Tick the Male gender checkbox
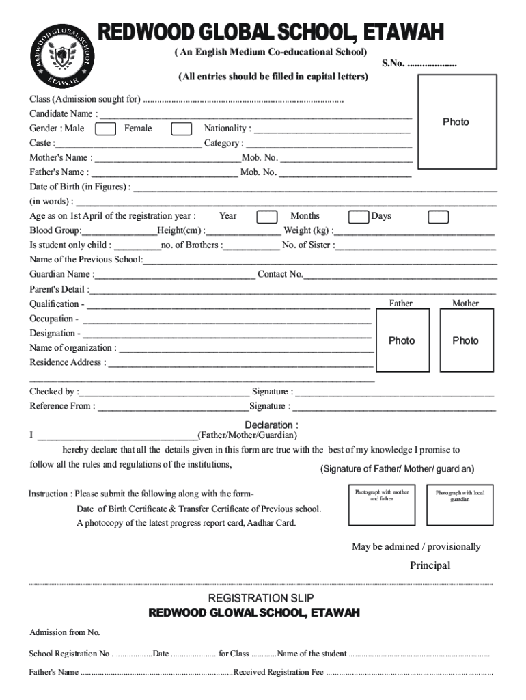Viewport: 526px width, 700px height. (105, 129)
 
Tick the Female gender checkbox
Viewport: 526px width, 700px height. (180, 129)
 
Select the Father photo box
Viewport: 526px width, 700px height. (402, 340)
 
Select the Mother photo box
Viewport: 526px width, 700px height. (466, 340)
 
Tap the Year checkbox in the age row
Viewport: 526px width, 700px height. (266, 217)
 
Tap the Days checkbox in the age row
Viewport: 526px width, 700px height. (438, 217)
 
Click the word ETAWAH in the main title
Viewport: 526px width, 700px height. (403, 32)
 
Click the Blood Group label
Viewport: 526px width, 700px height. (55, 230)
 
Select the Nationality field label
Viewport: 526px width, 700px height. (227, 129)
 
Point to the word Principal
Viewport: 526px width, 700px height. (430, 565)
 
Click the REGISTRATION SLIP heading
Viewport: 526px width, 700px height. (261, 598)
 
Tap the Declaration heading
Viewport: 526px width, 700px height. (271, 425)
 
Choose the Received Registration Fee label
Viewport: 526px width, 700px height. (279, 672)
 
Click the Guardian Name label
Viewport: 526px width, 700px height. (61, 274)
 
